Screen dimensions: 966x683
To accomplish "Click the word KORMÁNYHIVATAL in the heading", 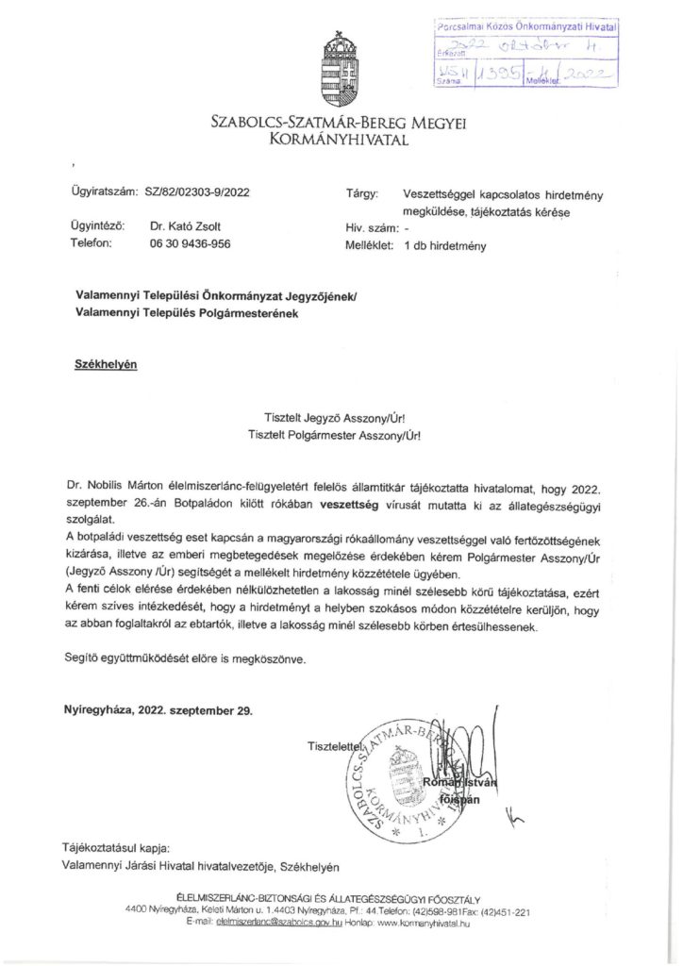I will [x=341, y=140].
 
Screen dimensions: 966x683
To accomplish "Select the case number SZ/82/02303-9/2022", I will [x=198, y=194].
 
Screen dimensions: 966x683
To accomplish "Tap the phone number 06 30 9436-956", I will [x=190, y=243].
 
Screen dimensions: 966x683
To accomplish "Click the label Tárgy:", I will [x=362, y=194].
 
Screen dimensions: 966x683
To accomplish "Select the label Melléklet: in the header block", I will [x=367, y=244].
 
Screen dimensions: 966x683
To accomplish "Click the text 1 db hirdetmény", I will [x=444, y=244].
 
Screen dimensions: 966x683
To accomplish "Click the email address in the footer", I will [x=271, y=922].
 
